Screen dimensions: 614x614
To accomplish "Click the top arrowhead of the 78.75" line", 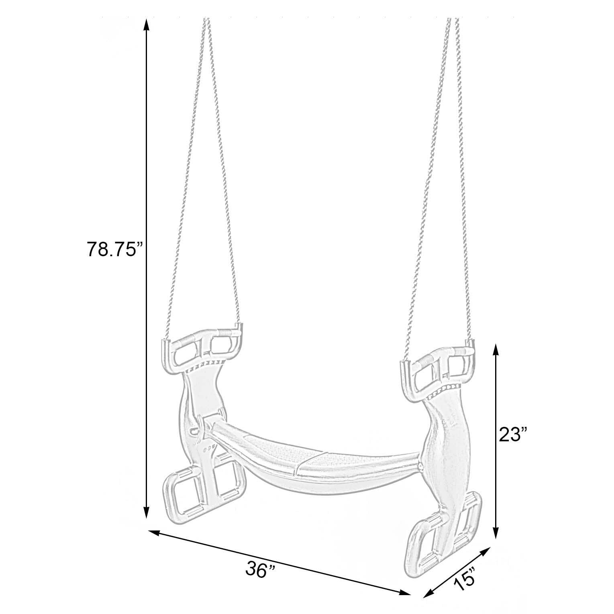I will [147, 24].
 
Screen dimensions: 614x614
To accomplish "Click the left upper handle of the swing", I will [202, 350].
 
